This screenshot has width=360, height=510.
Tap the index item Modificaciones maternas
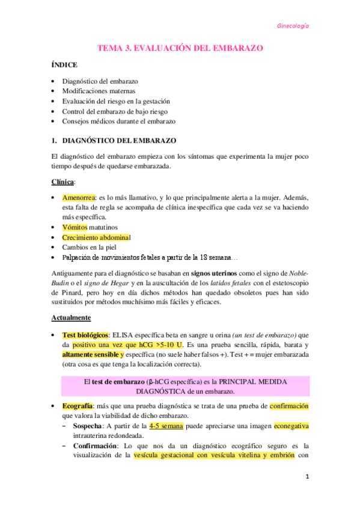(103, 91)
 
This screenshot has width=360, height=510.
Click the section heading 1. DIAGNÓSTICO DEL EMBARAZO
(114, 140)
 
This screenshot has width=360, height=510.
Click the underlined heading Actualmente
(72, 318)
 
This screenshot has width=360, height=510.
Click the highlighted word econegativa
(291, 426)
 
